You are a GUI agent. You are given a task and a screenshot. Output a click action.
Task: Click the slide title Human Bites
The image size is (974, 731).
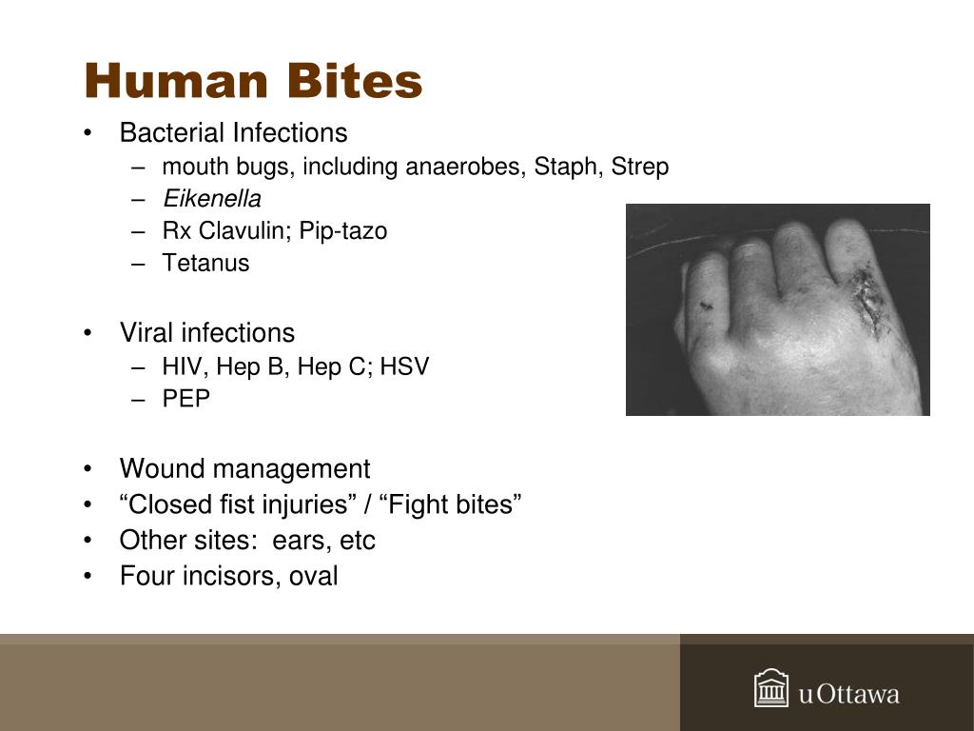click(253, 81)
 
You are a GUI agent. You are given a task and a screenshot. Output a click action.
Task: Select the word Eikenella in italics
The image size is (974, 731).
click(211, 199)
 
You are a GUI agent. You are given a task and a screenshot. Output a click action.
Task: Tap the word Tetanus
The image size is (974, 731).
click(205, 264)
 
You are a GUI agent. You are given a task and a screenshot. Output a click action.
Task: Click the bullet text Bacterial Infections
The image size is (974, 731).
click(233, 133)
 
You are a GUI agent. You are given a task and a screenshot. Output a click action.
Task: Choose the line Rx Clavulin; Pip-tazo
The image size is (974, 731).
click(274, 231)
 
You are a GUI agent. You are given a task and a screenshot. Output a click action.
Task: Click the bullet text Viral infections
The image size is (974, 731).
click(206, 333)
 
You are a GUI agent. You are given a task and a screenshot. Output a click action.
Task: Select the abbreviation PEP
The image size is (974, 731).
click(185, 399)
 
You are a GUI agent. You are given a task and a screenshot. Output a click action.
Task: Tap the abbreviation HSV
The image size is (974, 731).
click(404, 366)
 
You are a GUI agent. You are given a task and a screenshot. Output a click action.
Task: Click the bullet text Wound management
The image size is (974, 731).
click(244, 469)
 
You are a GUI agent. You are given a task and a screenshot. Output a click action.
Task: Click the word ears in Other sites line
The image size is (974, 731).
click(298, 541)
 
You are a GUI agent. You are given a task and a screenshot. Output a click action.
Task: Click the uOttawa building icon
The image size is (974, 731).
click(771, 689)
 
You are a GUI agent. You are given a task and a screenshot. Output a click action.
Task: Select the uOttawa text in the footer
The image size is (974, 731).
click(848, 694)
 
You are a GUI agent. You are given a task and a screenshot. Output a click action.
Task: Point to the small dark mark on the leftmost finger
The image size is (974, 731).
click(705, 306)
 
